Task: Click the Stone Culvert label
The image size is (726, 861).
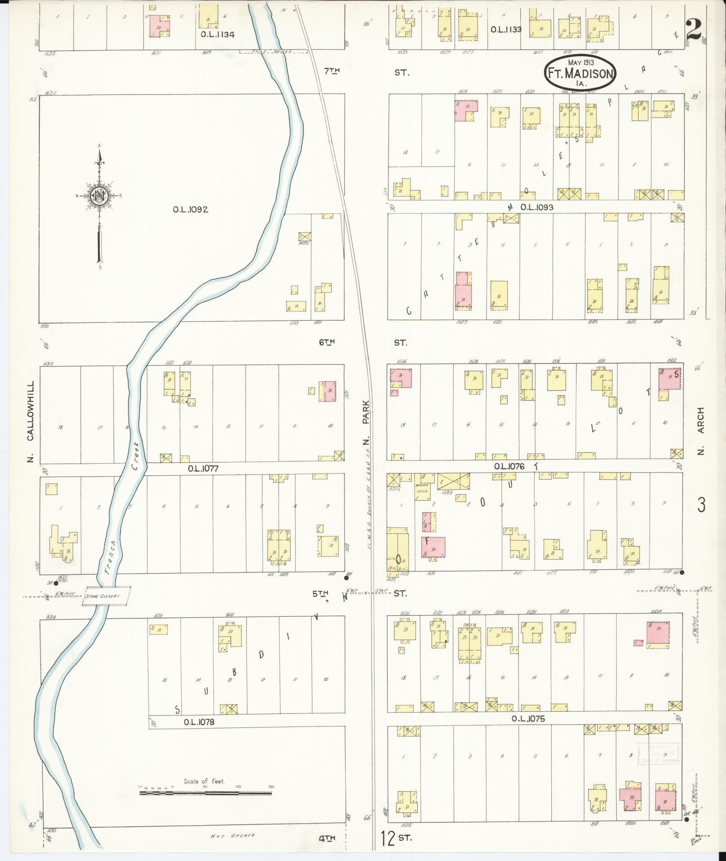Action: pos(106,595)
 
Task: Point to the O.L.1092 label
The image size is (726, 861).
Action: pos(190,209)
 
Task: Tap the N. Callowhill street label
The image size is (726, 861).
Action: pos(31,422)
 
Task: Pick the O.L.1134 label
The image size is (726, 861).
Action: pos(218,34)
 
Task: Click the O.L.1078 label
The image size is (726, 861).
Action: pos(199,722)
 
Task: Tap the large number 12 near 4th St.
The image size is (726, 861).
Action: pos(386,838)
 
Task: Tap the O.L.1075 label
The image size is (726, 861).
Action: pos(528,719)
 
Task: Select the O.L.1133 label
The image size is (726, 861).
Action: pos(506,29)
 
